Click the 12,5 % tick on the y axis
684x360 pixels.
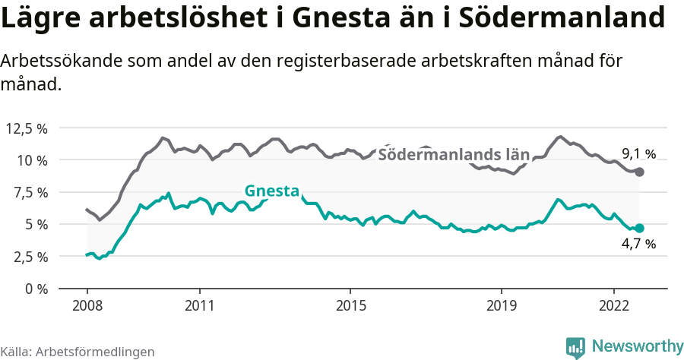[27, 128]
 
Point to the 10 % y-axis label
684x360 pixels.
[31, 160]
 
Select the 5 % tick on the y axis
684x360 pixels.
[35, 224]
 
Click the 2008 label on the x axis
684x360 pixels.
[87, 305]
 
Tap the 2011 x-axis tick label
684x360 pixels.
[199, 305]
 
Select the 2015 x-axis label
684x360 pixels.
[350, 305]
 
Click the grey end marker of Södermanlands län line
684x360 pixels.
[640, 172]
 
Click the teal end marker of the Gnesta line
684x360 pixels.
[640, 228]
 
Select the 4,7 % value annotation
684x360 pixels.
[638, 245]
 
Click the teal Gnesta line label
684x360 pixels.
[271, 191]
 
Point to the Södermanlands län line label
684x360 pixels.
[453, 155]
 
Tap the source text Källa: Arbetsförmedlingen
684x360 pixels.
[78, 352]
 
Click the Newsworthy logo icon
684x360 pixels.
[575, 347]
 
